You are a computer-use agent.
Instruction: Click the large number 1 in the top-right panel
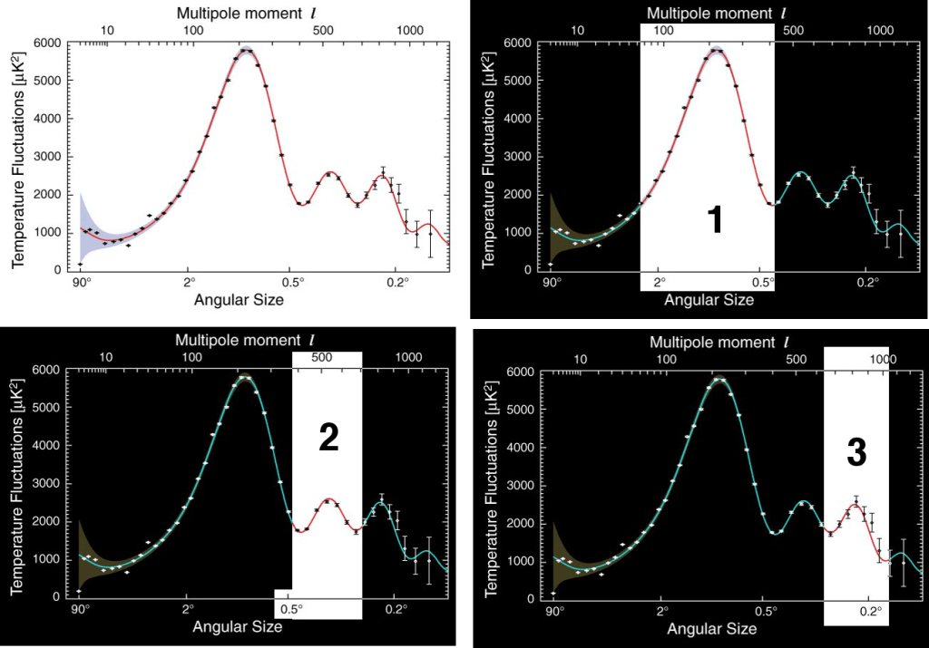point(715,220)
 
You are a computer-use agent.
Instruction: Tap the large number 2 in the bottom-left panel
point(328,439)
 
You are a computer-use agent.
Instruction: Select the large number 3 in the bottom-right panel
point(856,453)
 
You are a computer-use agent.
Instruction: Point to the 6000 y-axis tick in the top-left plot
point(45,43)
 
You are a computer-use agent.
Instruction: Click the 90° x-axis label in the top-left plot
point(81,281)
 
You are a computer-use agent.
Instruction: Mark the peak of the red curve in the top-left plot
point(247,51)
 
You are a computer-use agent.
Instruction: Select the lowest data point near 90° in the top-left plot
point(81,264)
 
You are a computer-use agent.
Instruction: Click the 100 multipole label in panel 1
point(664,30)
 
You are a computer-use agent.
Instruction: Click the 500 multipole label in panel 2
point(322,358)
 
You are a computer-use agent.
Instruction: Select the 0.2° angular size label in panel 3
point(868,610)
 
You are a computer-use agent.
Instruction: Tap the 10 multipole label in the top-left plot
point(106,30)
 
